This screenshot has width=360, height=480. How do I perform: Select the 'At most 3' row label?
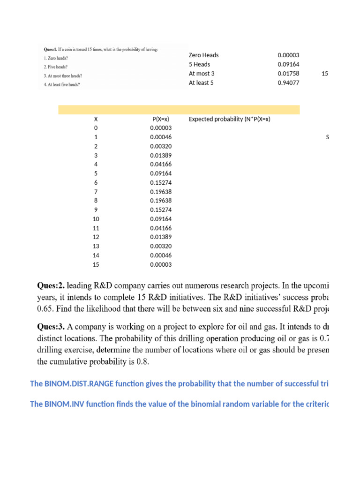202,74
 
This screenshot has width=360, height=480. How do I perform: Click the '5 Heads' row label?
199,64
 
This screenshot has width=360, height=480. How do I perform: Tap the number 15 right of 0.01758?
324,74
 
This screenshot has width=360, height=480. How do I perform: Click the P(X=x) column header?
161,119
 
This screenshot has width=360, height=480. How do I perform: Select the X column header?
96,119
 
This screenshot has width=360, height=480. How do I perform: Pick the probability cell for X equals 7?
161,192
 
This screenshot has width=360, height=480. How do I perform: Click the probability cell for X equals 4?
161,165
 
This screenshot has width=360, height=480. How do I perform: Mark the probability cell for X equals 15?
161,264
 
